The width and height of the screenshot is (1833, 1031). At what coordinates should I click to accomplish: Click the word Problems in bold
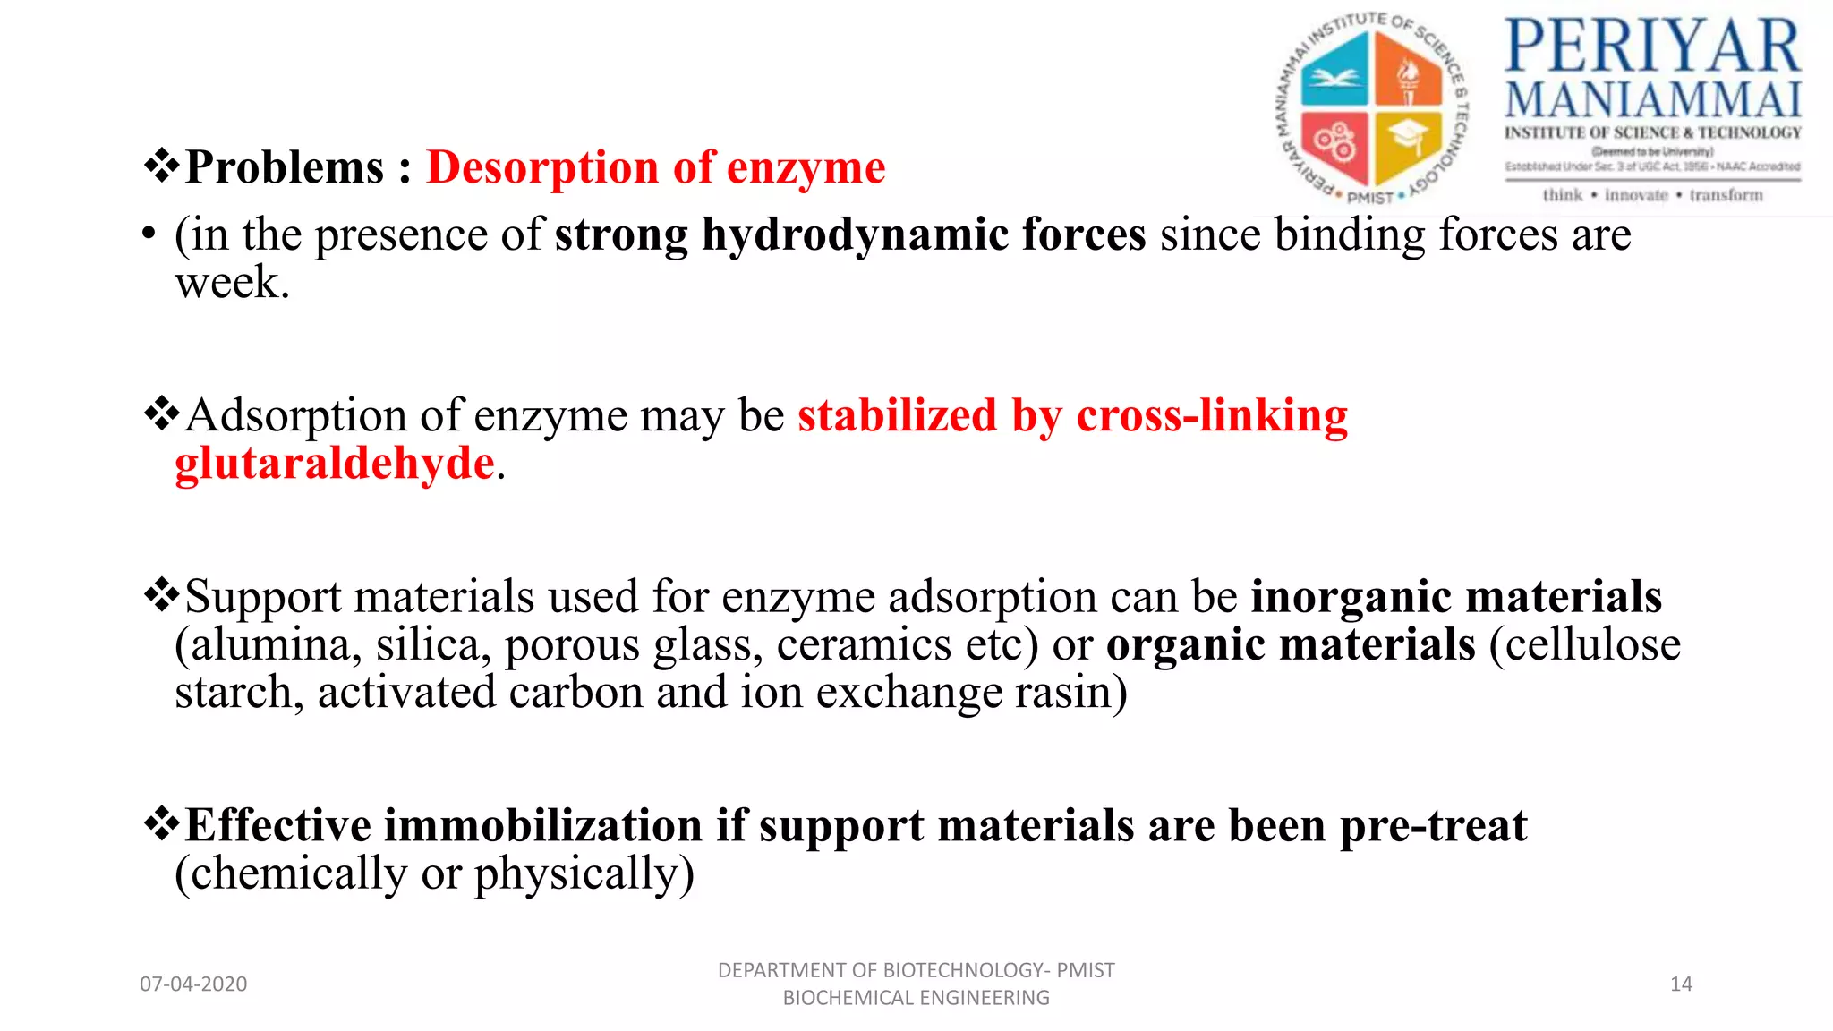[x=284, y=167]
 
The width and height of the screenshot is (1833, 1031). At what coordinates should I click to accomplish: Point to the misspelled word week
[x=232, y=283]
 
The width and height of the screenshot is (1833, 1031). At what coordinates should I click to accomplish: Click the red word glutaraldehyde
[x=335, y=464]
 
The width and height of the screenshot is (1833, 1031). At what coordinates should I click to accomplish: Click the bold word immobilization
[x=543, y=825]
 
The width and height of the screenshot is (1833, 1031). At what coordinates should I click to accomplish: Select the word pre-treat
[x=1433, y=825]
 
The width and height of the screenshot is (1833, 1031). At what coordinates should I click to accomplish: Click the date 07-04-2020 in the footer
[x=193, y=984]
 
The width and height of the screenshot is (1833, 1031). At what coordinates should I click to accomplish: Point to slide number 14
[x=1681, y=984]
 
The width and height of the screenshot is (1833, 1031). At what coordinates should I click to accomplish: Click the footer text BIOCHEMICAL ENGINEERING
[x=916, y=998]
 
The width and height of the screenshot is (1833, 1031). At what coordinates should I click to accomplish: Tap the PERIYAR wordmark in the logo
[x=1652, y=47]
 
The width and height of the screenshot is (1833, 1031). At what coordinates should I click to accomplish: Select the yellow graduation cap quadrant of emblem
[x=1407, y=143]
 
